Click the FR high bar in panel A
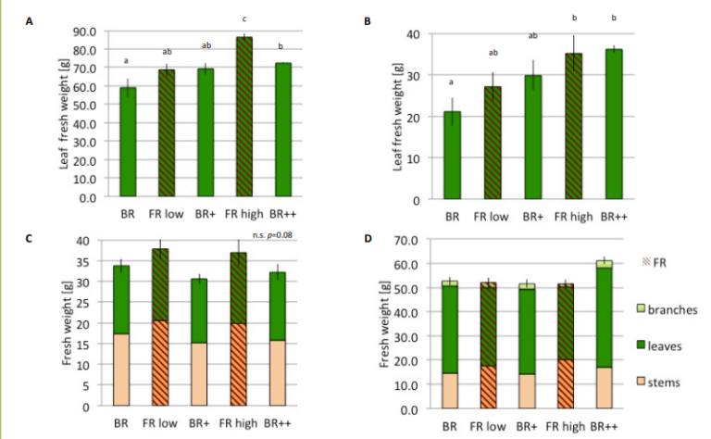click(243, 117)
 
